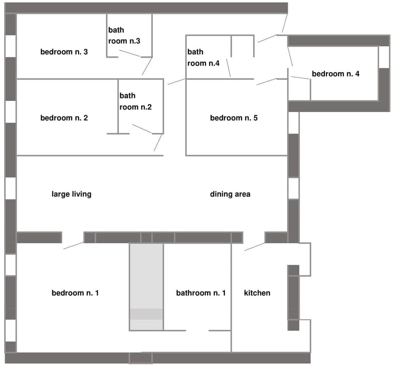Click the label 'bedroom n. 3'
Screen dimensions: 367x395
pos(64,52)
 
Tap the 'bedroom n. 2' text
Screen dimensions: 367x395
pos(64,118)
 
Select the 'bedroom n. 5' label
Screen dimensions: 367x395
pos(234,118)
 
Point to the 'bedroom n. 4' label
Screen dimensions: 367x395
pos(335,74)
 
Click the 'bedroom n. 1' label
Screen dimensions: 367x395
pos(75,293)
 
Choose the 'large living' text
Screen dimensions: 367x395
pos(71,194)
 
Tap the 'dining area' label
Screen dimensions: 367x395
pos(230,194)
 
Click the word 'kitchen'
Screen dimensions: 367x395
pos(257,293)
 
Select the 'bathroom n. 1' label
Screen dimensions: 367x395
pos(201,293)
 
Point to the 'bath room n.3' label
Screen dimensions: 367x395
pos(124,35)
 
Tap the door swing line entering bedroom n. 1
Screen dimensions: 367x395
pos(74,246)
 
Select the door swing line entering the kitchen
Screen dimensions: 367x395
pos(255,247)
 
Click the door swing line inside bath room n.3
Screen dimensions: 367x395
pos(130,54)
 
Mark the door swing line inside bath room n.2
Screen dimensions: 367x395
pos(142,129)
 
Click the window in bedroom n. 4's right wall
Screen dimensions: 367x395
pos(383,57)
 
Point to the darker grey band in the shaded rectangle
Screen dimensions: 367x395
pos(146,314)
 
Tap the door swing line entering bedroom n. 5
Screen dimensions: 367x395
pos(266,82)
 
